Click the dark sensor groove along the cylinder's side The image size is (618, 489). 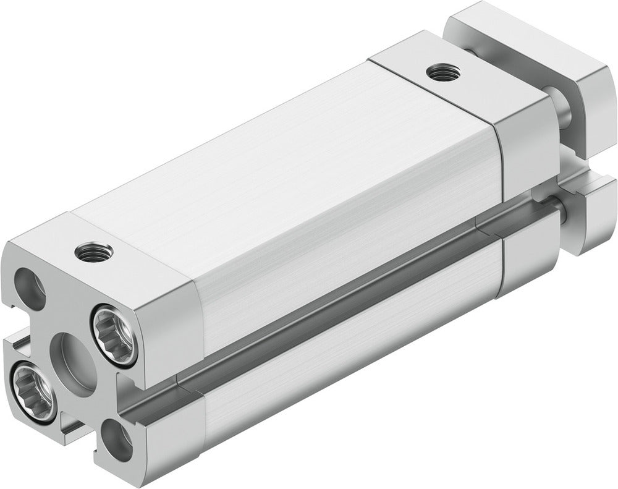346,291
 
